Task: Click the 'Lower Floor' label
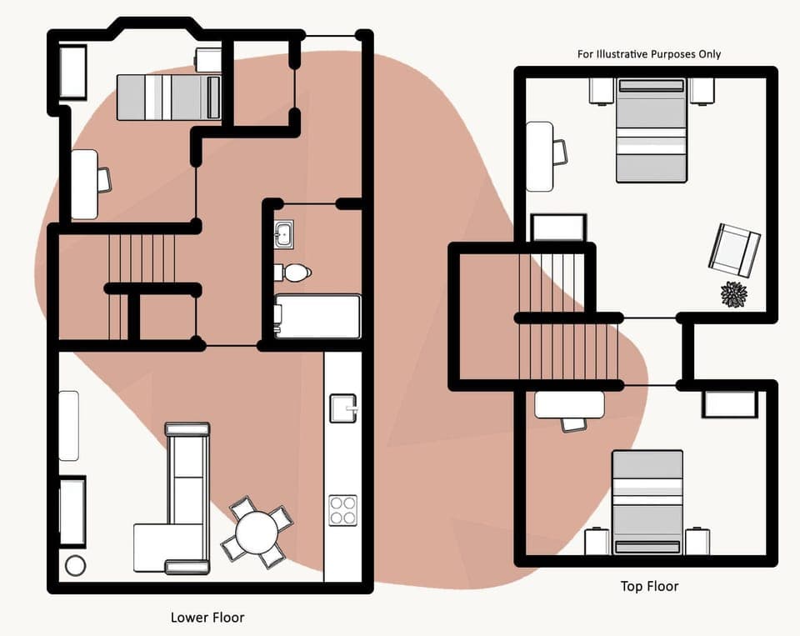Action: pyautogui.click(x=207, y=618)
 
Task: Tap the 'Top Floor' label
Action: pyautogui.click(x=649, y=586)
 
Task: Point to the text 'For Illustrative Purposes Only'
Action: pyautogui.click(x=649, y=54)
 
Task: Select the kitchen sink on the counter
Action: pyautogui.click(x=342, y=408)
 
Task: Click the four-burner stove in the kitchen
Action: pyautogui.click(x=342, y=510)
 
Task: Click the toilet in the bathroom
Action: pyautogui.click(x=292, y=272)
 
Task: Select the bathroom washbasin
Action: pyautogui.click(x=284, y=234)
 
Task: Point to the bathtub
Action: pyautogui.click(x=317, y=317)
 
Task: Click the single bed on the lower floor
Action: pyautogui.click(x=168, y=98)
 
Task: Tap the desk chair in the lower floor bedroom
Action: pyautogui.click(x=104, y=179)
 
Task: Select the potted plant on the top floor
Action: pyautogui.click(x=733, y=294)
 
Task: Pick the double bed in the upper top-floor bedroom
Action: pyautogui.click(x=651, y=130)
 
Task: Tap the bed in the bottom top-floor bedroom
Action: pyautogui.click(x=647, y=502)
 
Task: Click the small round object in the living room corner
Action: pyautogui.click(x=75, y=565)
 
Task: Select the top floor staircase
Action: pyautogui.click(x=567, y=317)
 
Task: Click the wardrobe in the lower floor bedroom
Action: pyautogui.click(x=72, y=73)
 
